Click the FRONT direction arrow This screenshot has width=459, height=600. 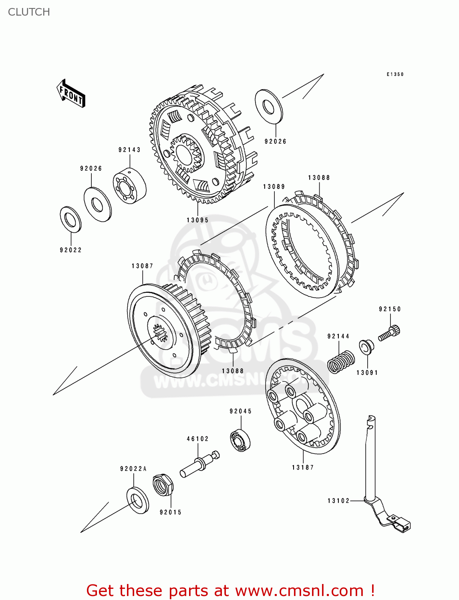coord(71,93)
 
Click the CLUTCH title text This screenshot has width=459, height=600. coord(29,12)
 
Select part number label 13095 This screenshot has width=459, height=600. coord(197,220)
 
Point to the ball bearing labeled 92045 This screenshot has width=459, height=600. coord(240,440)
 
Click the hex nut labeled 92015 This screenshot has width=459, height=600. coord(163,485)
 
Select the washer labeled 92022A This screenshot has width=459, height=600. coord(137,500)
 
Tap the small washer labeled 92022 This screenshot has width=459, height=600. coord(70,219)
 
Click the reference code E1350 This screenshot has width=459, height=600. coord(395,74)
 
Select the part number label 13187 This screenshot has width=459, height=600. coord(303,467)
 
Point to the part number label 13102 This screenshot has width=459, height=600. coord(338,500)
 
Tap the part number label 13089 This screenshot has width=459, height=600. coord(274,187)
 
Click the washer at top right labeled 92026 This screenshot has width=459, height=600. coord(269,107)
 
